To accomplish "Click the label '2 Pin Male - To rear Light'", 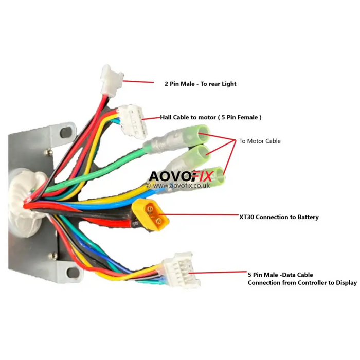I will pos(200,84).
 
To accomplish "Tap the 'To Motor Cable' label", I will pos(260,141).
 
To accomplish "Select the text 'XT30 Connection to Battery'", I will pos(279,217).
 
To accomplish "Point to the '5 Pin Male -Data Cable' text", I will pos(280,275).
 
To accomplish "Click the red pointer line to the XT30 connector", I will pos(204,216).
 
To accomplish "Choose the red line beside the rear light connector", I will pos(139,81).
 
